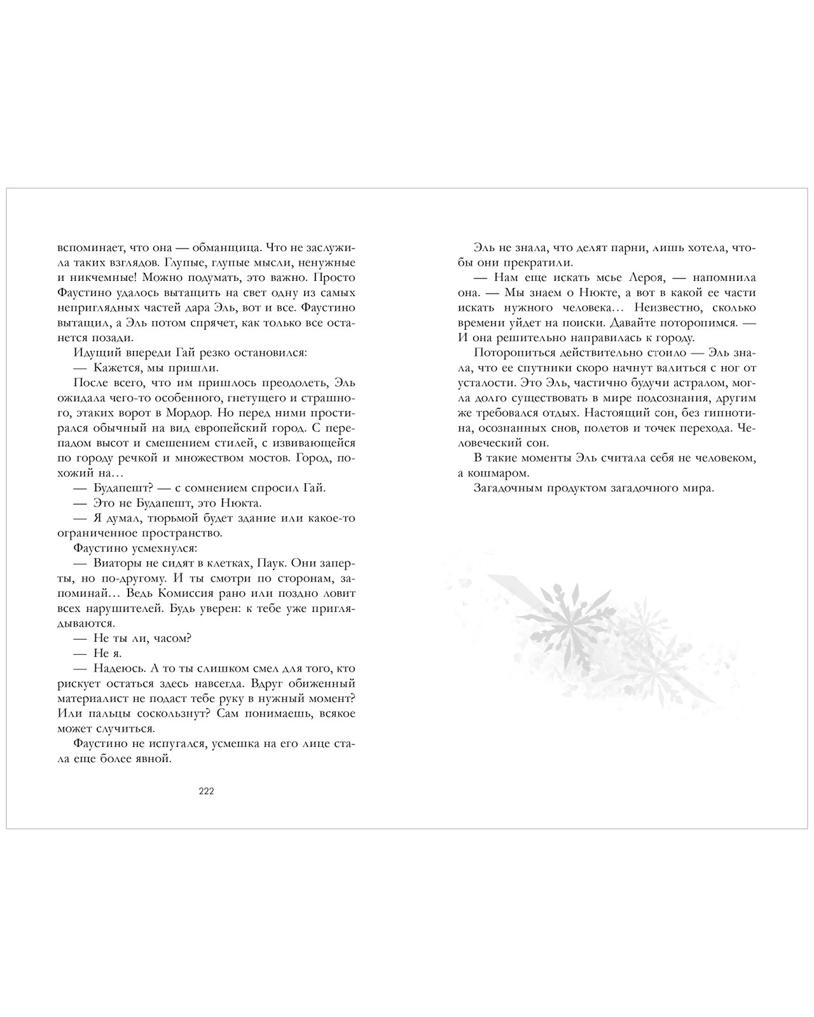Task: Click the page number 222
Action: (x=206, y=791)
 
